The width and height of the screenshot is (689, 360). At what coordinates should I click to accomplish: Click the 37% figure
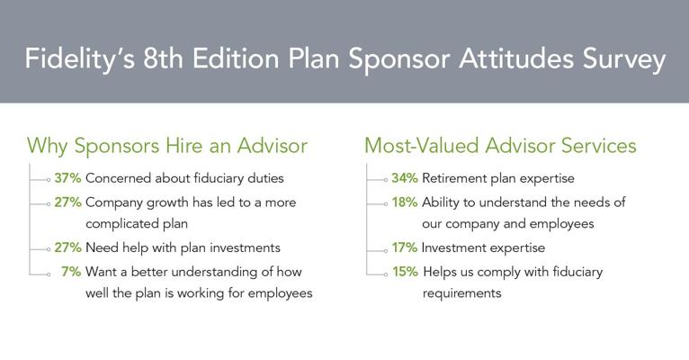[67, 178]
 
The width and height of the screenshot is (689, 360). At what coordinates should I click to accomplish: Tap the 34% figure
[405, 178]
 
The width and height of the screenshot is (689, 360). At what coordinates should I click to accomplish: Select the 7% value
[71, 272]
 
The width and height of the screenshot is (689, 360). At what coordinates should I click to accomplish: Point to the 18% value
[405, 202]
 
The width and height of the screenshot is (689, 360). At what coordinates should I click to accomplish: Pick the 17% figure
[405, 247]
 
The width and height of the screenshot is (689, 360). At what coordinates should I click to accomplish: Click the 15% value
[405, 272]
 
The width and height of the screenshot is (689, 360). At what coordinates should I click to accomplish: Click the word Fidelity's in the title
[79, 58]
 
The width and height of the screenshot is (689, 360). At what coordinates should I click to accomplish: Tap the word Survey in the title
[624, 59]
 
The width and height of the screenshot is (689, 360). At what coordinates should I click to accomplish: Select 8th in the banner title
[163, 58]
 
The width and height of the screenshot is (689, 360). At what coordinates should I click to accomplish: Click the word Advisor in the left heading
[273, 146]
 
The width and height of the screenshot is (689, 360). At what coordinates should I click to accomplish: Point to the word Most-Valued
[421, 146]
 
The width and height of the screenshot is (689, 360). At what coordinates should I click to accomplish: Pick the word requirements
[461, 293]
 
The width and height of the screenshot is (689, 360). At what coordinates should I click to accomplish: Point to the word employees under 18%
[561, 224]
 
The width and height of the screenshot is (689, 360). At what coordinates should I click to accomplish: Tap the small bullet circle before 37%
[49, 180]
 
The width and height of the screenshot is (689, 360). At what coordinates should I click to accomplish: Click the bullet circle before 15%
[385, 274]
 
